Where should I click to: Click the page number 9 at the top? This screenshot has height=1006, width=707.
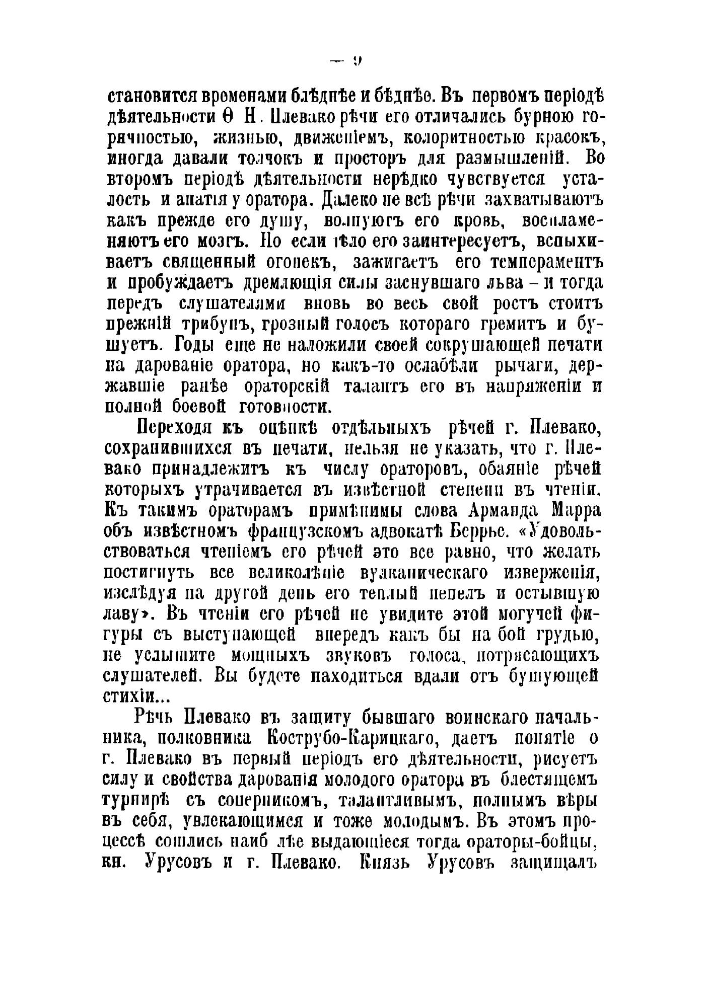(x=358, y=62)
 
